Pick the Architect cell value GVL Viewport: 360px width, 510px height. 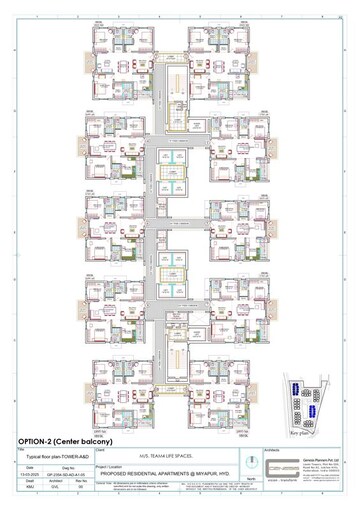point(56,485)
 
